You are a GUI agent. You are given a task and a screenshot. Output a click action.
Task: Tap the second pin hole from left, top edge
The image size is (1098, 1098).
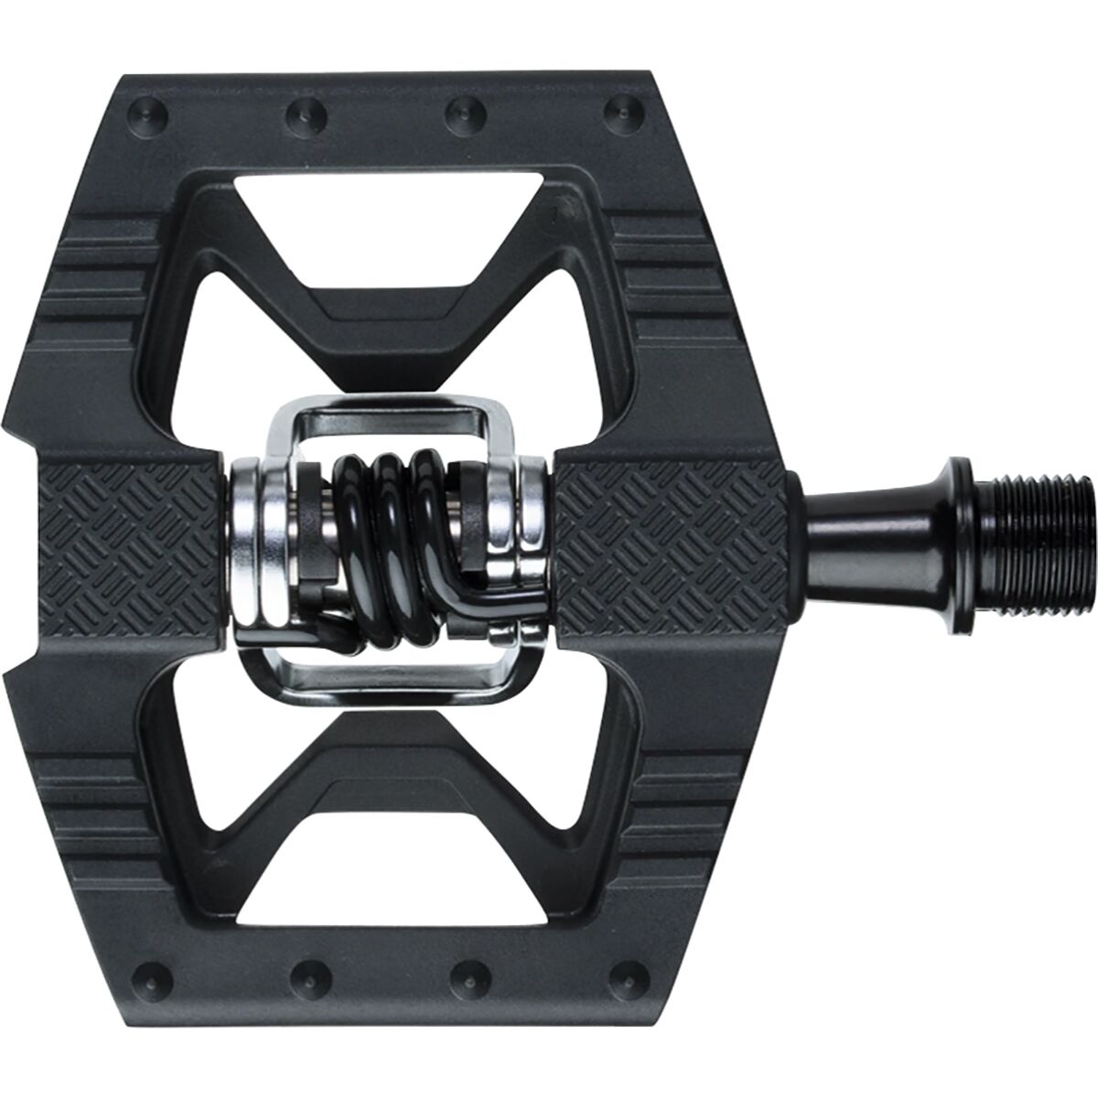coord(298,113)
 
